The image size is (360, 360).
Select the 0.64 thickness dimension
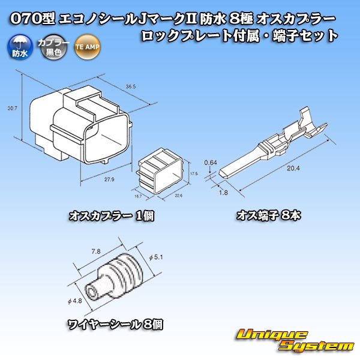(x=210, y=162)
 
